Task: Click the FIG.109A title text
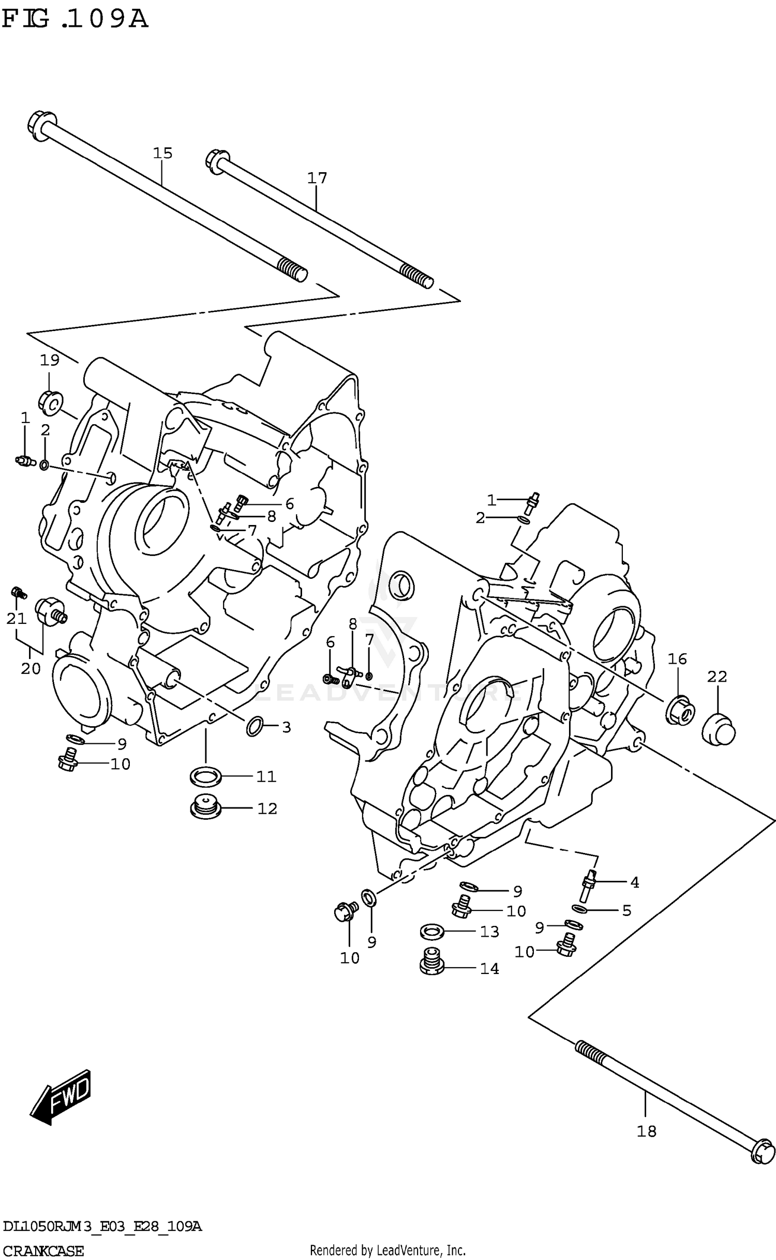(75, 19)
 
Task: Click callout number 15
(162, 153)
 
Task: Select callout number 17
(317, 178)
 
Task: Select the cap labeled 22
(719, 729)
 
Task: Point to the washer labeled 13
(431, 932)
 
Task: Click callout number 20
(31, 669)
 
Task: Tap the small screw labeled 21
(19, 592)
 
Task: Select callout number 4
(634, 882)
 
